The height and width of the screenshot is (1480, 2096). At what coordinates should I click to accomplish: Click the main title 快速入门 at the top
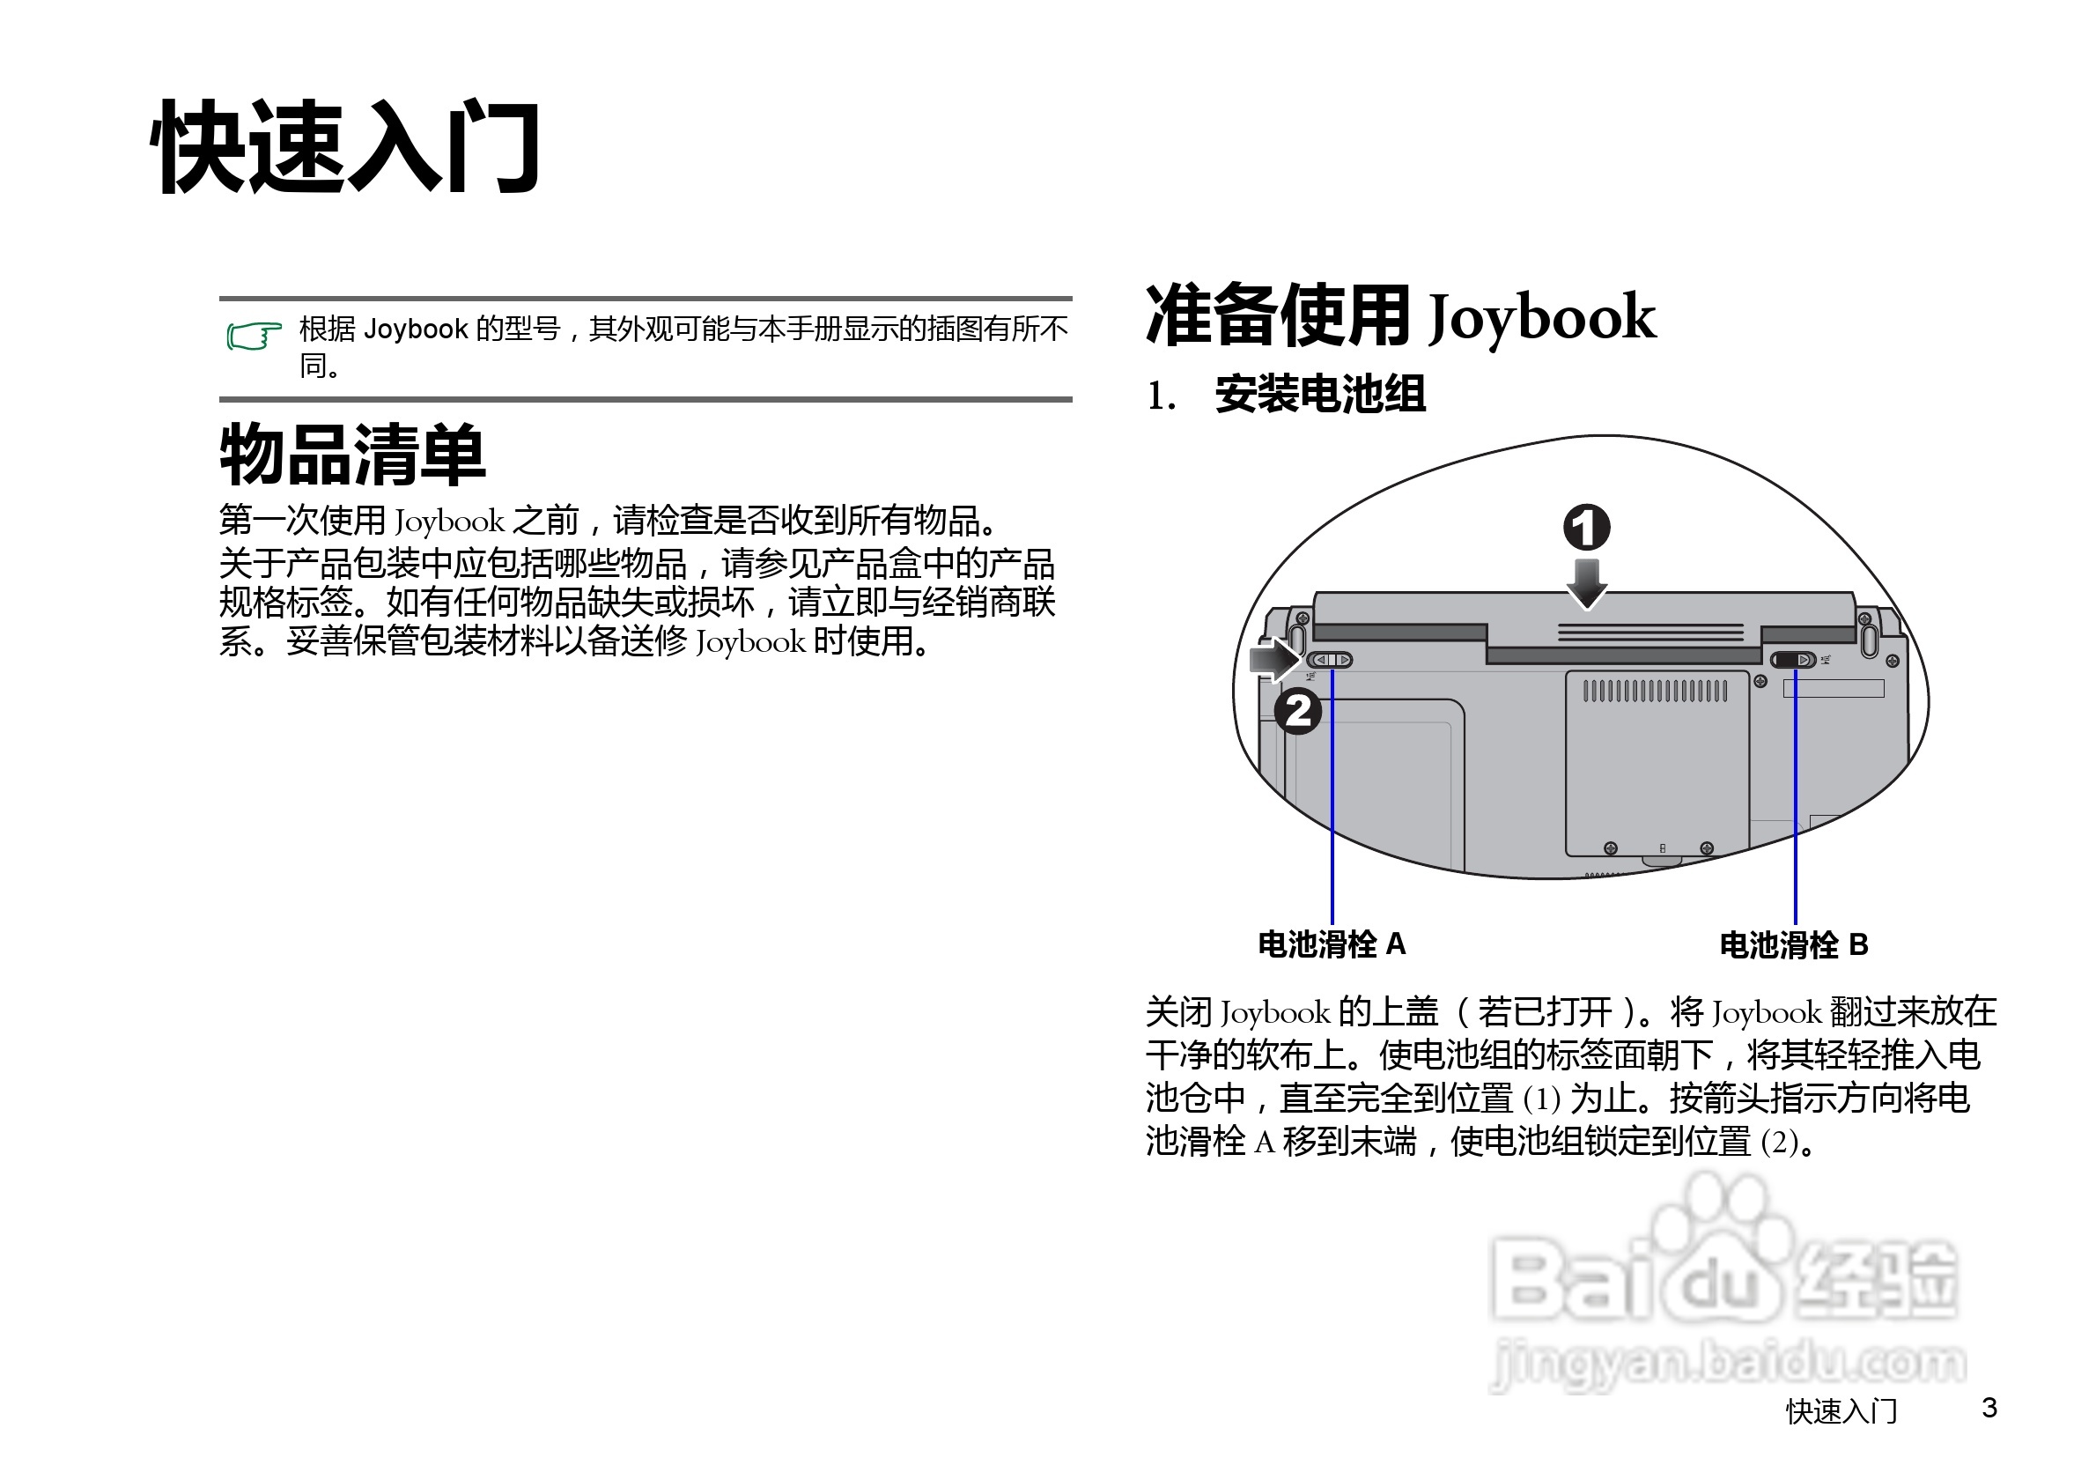pyautogui.click(x=346, y=148)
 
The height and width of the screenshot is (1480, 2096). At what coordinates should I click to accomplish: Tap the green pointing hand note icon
pyautogui.click(x=253, y=336)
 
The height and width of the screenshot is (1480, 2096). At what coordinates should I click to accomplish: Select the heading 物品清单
pyautogui.click(x=352, y=455)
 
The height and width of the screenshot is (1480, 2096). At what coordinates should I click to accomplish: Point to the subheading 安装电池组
pyautogui.click(x=1320, y=396)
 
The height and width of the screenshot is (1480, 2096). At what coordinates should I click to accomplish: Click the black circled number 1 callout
pyautogui.click(x=1587, y=528)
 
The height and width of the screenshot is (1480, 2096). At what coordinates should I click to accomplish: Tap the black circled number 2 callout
pyautogui.click(x=1297, y=711)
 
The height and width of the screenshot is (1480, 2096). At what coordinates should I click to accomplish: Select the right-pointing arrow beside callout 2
pyautogui.click(x=1274, y=658)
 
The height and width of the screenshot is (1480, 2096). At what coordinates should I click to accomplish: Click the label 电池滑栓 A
pyautogui.click(x=1332, y=944)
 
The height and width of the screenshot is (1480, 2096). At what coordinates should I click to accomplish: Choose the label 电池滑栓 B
pyautogui.click(x=1794, y=945)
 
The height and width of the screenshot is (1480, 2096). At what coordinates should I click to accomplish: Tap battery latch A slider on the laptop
pyautogui.click(x=1330, y=660)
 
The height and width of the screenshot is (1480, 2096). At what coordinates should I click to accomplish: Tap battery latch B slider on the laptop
pyautogui.click(x=1793, y=660)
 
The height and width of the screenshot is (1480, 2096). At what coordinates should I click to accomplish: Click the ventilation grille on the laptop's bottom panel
pyautogui.click(x=1655, y=692)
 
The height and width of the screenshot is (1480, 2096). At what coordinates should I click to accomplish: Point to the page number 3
pyautogui.click(x=1989, y=1408)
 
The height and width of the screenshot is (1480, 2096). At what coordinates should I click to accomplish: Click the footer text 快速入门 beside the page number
pyautogui.click(x=1841, y=1411)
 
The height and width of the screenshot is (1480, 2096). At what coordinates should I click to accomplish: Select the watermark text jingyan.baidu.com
pyautogui.click(x=1727, y=1363)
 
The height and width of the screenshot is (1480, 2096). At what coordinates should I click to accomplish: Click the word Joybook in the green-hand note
pyautogui.click(x=416, y=329)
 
